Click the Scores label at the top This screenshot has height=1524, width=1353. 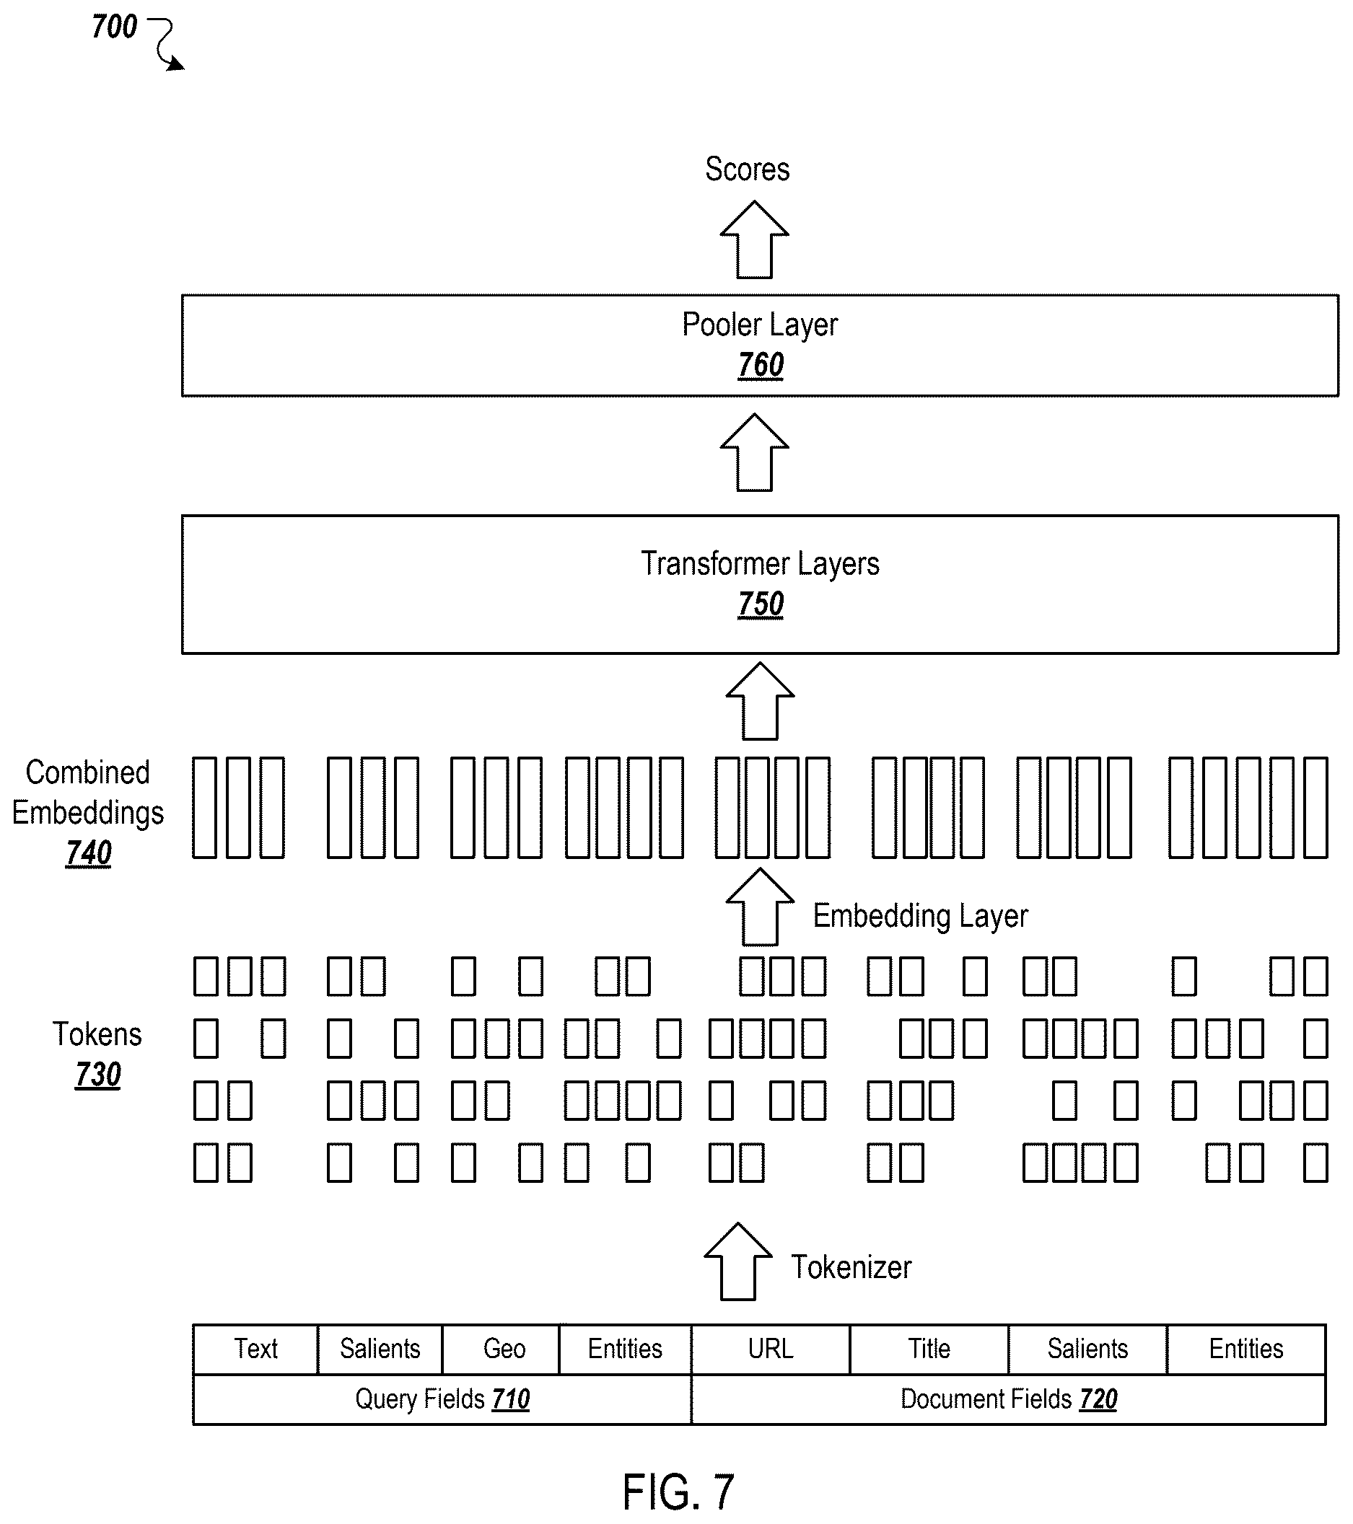click(748, 169)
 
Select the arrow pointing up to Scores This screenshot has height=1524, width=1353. click(754, 239)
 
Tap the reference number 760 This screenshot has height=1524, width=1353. click(761, 366)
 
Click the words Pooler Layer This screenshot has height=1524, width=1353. click(760, 325)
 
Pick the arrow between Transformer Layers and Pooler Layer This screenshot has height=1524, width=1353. click(754, 452)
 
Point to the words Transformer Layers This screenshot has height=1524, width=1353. click(760, 564)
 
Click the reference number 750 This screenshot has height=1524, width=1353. click(761, 604)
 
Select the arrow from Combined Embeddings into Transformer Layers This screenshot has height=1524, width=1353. click(760, 701)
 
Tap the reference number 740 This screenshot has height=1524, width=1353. click(89, 853)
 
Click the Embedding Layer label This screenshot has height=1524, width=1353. click(920, 915)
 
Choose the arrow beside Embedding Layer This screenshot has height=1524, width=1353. click(760, 907)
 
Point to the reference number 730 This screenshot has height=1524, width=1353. click(97, 1075)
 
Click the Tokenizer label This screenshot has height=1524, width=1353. click(851, 1267)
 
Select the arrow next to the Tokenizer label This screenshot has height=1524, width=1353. click(737, 1261)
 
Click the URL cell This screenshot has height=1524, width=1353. click(771, 1349)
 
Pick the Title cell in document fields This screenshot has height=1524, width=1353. click(929, 1349)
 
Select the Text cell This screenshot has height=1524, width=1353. click(256, 1349)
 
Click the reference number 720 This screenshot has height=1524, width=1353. click(1099, 1399)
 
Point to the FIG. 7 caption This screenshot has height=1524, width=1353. click(679, 1493)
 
